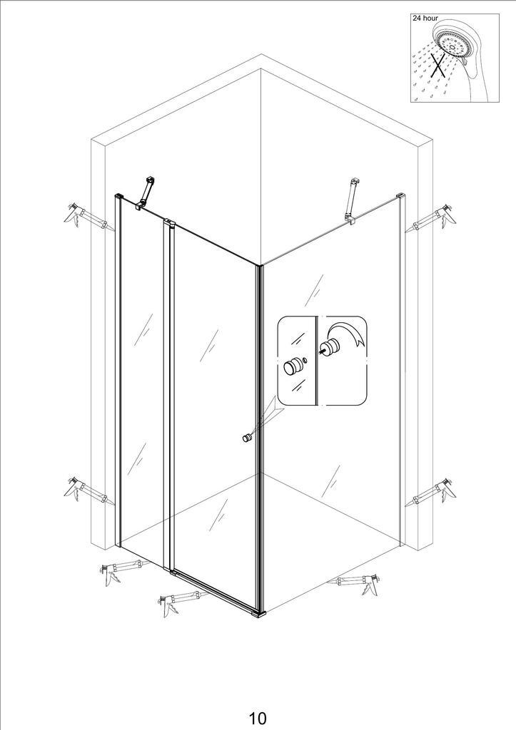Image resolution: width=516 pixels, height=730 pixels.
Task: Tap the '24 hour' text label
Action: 425,18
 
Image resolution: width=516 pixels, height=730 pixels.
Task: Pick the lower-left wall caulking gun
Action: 88,493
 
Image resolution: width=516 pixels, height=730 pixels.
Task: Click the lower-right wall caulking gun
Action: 430,493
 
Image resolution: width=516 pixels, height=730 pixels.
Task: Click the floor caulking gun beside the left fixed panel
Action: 123,571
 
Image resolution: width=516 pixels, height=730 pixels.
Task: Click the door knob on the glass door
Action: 246,438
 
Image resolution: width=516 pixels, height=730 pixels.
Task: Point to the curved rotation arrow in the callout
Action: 345,332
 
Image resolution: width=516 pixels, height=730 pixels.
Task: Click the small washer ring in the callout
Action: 305,359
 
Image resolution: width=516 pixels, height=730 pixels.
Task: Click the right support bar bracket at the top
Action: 351,200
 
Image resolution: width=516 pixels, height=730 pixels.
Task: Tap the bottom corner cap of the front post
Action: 258,614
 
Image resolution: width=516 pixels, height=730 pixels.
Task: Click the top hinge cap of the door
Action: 170,223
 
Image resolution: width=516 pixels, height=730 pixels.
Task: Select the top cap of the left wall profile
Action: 118,196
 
